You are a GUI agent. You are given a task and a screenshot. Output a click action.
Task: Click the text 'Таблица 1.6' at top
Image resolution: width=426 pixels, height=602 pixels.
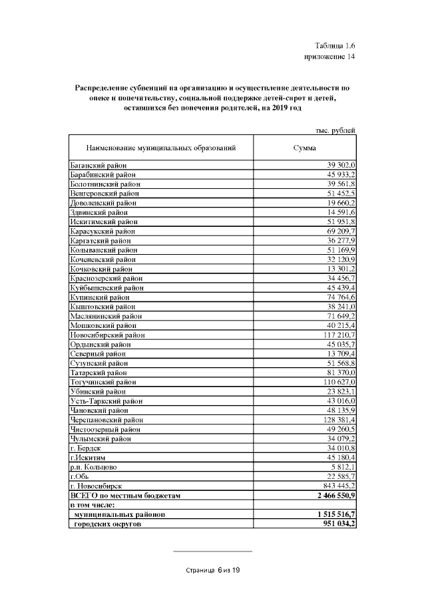[336, 45]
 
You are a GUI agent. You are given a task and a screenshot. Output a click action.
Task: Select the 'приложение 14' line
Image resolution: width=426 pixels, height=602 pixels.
[329, 57]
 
